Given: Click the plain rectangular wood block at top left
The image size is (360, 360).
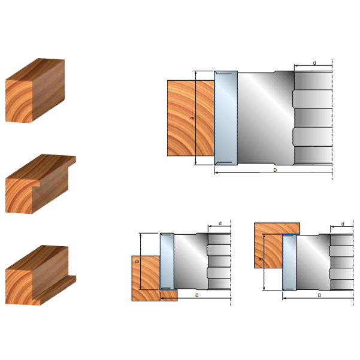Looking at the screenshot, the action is point(35,90).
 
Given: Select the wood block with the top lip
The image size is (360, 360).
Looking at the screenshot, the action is point(40,184).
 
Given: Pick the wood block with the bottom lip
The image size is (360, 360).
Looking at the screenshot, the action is point(40,276).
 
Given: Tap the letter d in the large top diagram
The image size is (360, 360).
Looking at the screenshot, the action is point(314,63).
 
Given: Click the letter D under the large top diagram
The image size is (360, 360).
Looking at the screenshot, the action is point(275,170).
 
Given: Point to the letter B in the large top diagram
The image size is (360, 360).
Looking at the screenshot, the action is point(193,118).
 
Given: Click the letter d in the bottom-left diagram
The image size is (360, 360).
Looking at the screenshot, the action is point(220,223).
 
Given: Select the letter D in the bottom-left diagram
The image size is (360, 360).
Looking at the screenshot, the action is point(196,295).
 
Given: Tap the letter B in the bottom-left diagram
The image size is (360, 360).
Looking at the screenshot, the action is point(137,262).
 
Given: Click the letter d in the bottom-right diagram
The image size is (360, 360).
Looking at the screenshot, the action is point(343,224).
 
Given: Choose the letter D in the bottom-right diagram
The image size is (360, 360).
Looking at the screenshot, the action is point(319,295).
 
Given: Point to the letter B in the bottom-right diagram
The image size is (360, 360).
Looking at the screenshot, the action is point(261,259).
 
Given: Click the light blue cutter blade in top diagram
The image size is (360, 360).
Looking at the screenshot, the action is point(226,118).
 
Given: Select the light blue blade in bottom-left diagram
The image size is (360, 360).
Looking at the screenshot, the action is point(167,262).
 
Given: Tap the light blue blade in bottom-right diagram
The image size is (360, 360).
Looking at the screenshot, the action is point(289,262).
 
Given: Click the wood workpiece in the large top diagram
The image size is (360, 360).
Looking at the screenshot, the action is point(191,118).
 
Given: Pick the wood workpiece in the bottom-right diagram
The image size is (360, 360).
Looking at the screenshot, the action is point(273,245).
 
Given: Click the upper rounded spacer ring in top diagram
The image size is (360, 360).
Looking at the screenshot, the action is point(313,99).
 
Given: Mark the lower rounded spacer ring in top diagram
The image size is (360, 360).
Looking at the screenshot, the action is point(313,137).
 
